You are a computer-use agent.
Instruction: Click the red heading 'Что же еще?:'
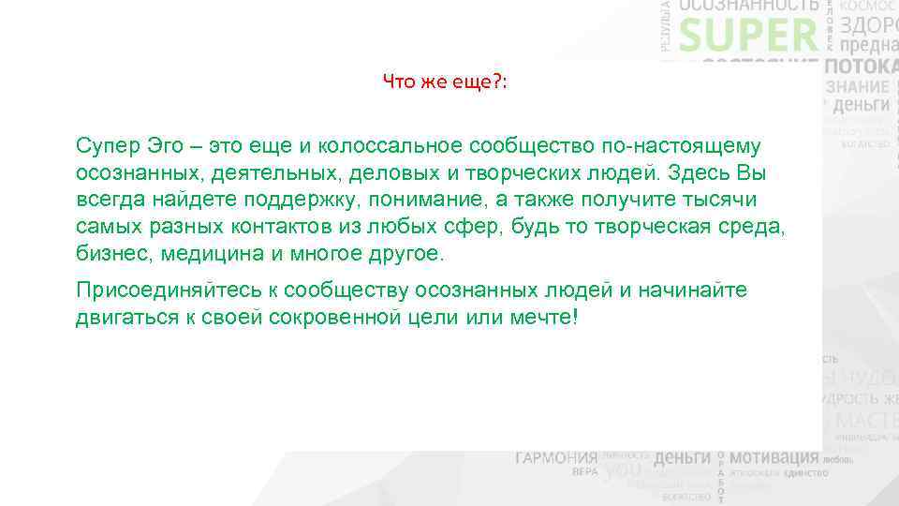tap(445, 82)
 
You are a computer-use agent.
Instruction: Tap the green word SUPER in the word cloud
tap(748, 37)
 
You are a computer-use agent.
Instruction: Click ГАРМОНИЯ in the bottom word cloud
tap(555, 458)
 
